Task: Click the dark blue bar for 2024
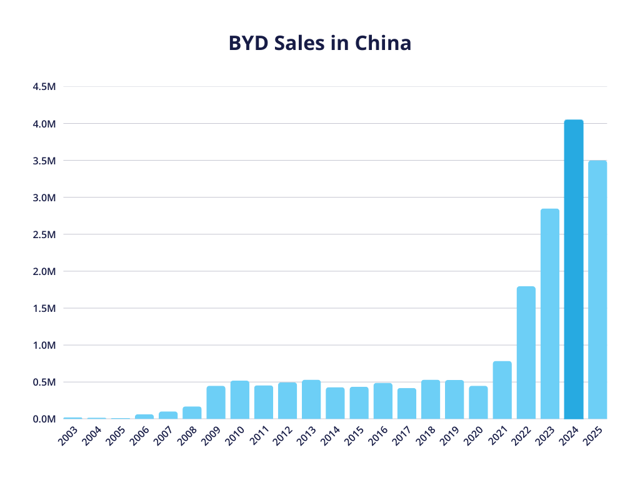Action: click(x=573, y=269)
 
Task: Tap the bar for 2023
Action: click(x=549, y=313)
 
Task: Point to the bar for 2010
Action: click(x=239, y=399)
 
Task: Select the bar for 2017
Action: click(x=406, y=403)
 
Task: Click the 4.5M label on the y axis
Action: click(x=44, y=87)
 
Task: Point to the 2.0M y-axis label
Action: click(x=44, y=271)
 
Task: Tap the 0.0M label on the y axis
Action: click(x=44, y=419)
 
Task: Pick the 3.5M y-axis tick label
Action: click(x=44, y=161)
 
